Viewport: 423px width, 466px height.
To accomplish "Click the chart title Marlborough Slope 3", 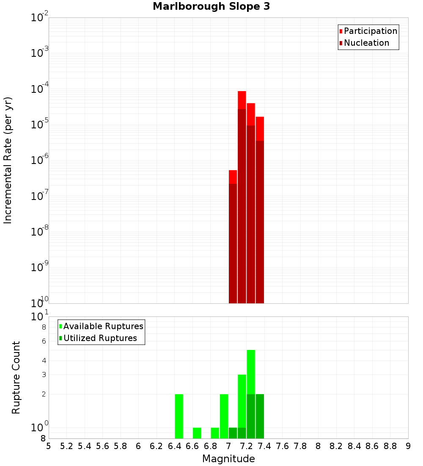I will click(211, 7).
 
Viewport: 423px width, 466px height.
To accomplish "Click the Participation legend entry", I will click(371, 31).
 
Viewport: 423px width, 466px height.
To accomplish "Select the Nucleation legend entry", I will click(366, 43).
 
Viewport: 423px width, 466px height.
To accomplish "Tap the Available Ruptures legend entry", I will click(103, 326).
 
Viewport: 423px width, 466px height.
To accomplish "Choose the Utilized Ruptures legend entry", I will click(100, 338).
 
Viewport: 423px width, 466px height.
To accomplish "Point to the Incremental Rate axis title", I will click(8, 160).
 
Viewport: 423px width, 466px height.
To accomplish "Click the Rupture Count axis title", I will click(16, 377).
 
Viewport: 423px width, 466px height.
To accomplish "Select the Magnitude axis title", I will click(228, 459).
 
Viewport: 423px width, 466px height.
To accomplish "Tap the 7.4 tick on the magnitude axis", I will click(264, 446).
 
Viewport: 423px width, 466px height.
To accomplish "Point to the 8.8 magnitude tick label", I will click(390, 446).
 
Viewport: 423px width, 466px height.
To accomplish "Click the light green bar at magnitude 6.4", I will click(179, 416).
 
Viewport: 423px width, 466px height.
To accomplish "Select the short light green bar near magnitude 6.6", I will click(197, 433).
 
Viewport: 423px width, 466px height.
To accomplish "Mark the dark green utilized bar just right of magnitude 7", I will click(233, 433).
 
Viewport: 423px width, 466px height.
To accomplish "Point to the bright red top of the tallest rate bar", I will click(242, 100).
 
